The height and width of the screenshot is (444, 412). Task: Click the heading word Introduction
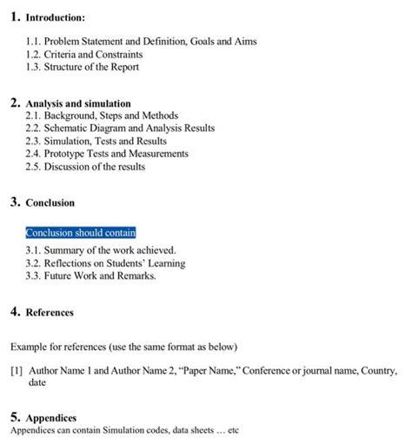click(55, 17)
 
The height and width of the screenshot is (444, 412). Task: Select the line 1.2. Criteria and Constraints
click(84, 54)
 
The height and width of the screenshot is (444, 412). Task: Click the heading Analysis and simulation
click(78, 103)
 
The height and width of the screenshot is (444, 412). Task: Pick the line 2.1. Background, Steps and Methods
click(102, 116)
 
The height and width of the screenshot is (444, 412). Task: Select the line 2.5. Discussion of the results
click(85, 167)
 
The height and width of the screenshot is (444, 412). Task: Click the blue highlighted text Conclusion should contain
click(81, 233)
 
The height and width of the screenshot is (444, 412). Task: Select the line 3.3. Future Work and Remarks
click(91, 276)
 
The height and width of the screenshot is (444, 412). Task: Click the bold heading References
click(50, 312)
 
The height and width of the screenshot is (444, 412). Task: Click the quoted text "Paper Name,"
click(207, 370)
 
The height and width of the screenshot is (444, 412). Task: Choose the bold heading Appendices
click(51, 418)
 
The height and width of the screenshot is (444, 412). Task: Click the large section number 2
click(16, 103)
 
